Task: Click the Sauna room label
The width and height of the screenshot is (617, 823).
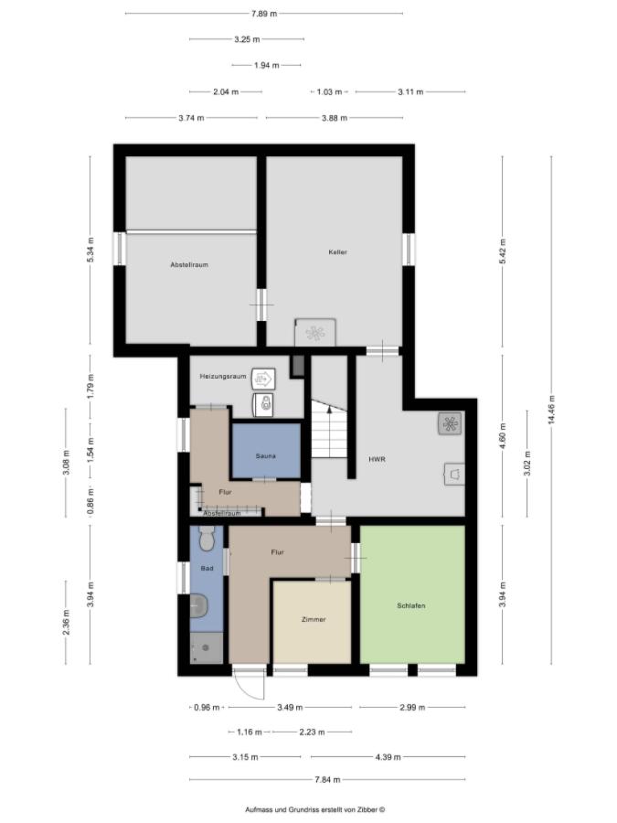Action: tap(266, 454)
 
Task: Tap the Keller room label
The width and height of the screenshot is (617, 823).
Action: tap(338, 251)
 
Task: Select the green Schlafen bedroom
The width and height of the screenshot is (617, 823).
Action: tap(412, 604)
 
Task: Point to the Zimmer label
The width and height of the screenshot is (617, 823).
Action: tap(314, 619)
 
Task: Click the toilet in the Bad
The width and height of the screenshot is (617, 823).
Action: tap(206, 540)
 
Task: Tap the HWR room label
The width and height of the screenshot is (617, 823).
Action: tap(377, 459)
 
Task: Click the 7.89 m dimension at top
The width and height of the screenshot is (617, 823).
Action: tap(263, 14)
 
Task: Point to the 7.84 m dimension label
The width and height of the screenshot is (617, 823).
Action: tap(327, 779)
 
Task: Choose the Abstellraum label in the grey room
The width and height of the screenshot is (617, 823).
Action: tap(189, 264)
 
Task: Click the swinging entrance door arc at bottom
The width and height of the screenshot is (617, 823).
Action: tap(247, 685)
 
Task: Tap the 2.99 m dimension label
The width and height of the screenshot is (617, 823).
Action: tap(412, 707)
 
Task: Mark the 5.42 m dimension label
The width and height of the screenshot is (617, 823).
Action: tap(502, 251)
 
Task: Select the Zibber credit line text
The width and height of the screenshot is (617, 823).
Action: tap(315, 809)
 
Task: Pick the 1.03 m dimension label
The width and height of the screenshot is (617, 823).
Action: tap(329, 91)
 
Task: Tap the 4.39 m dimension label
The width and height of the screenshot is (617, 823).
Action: tap(388, 756)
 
